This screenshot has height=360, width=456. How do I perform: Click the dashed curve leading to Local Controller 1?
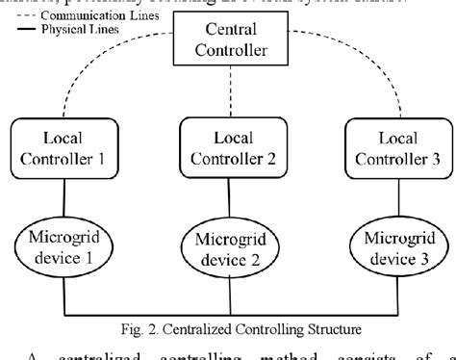pyautogui.click(x=96, y=82)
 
